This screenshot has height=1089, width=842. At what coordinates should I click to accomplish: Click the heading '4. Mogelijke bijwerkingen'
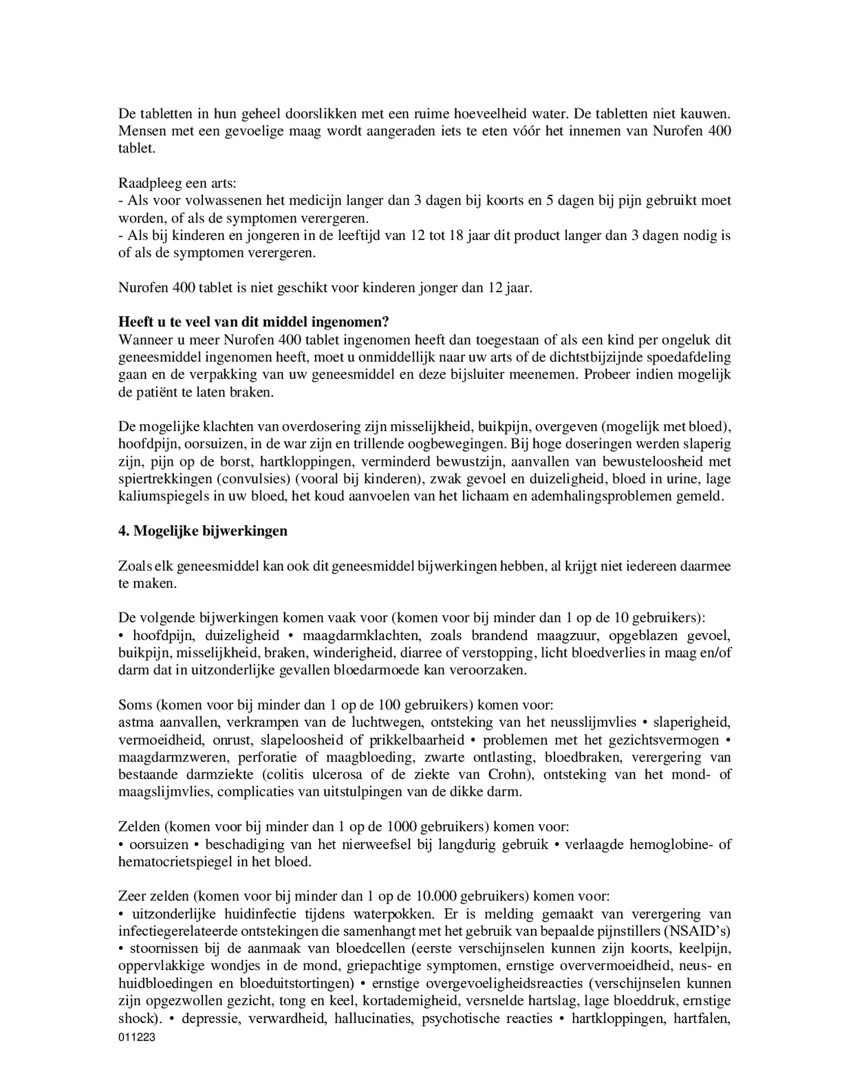click(202, 531)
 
